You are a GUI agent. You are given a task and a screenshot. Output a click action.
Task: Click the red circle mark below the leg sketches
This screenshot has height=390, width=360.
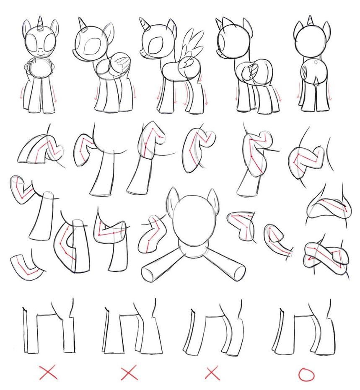[x=306, y=374]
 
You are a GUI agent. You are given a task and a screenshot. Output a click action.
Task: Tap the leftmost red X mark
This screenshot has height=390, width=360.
[x=48, y=372]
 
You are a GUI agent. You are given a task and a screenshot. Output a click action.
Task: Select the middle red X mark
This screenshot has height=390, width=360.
[x=129, y=372]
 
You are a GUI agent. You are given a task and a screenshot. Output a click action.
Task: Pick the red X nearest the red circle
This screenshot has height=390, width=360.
[x=212, y=372]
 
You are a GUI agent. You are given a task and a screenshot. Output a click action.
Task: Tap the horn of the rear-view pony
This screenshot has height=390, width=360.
[x=311, y=20]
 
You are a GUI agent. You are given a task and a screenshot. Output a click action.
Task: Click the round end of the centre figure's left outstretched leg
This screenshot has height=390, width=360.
[x=148, y=274]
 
